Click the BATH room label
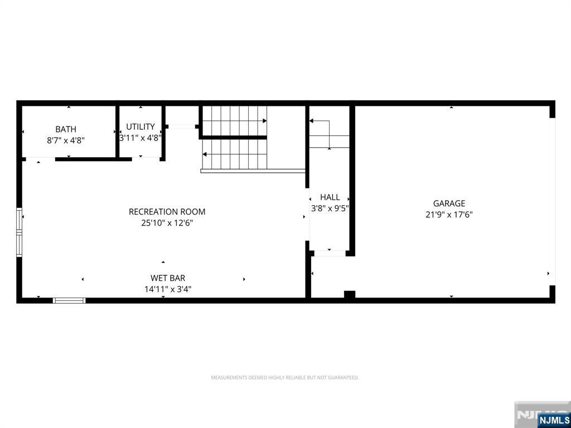tap(66, 129)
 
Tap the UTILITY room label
tap(140, 127)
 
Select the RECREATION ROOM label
tap(167, 212)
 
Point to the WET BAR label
tap(168, 278)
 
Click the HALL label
tap(330, 197)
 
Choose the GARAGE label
tap(449, 203)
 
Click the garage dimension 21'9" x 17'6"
tap(449, 215)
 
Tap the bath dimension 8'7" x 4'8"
tap(66, 140)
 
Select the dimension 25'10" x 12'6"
tap(167, 223)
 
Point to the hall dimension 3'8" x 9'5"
tap(330, 209)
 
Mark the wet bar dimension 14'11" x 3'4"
tap(168, 289)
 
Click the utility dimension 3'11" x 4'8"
tap(141, 138)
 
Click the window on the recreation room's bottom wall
tap(69, 300)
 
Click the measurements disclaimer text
tap(285, 378)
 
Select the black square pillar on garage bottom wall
tap(350, 294)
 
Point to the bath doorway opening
tap(40, 159)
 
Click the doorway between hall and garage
tap(330, 254)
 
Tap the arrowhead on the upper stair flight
tap(265, 121)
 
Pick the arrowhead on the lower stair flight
tap(205, 154)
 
